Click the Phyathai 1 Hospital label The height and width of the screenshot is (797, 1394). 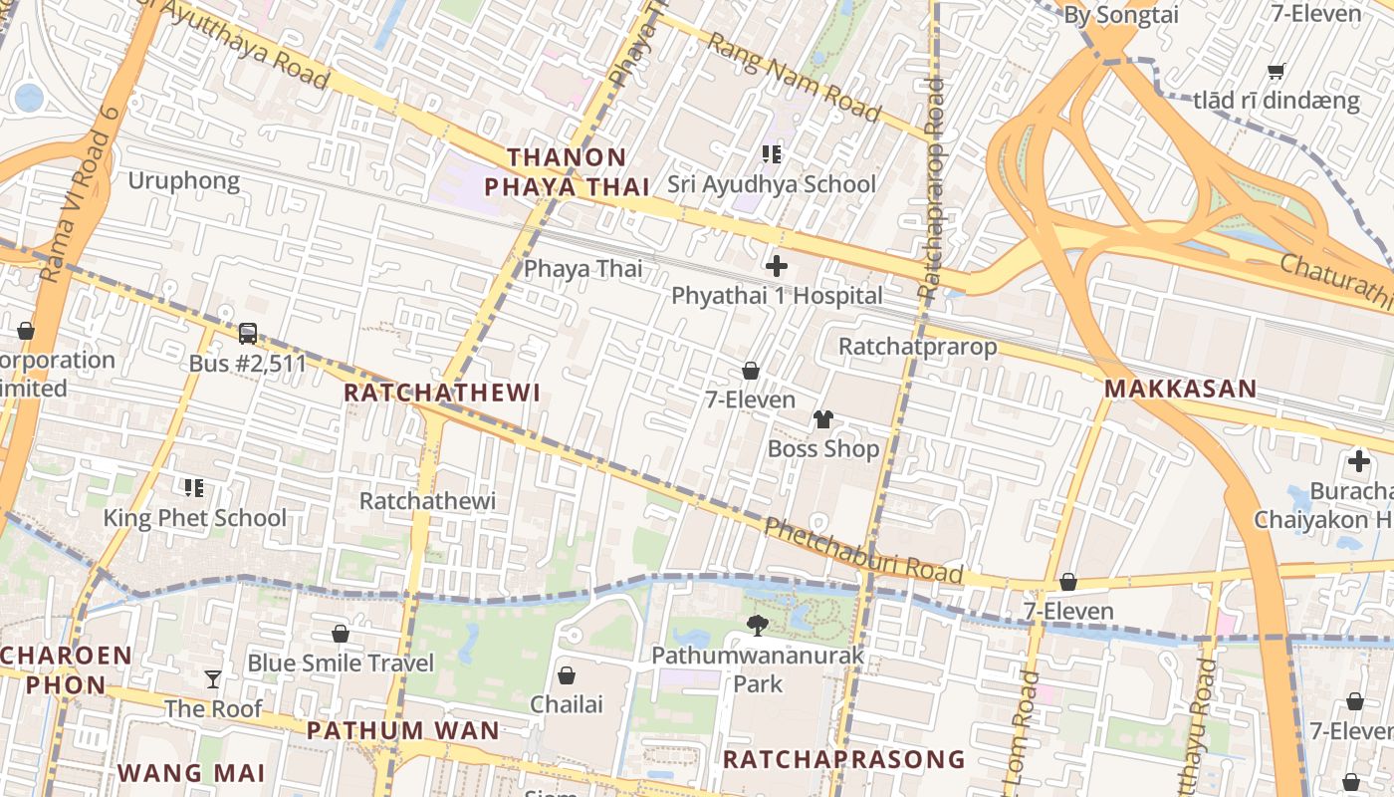[x=777, y=296]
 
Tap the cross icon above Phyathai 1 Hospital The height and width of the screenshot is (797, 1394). [x=777, y=266]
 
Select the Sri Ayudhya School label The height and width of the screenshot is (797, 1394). [x=772, y=184]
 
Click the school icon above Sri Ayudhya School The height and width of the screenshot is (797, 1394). [x=772, y=153]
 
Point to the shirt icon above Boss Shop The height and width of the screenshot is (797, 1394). [x=822, y=419]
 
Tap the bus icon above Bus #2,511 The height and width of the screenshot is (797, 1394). [x=248, y=334]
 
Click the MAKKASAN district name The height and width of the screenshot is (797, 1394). [x=1180, y=389]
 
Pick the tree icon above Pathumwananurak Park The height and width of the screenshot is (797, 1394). [x=758, y=626]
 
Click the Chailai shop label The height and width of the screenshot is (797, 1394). [x=567, y=704]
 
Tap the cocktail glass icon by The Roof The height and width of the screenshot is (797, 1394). [x=213, y=679]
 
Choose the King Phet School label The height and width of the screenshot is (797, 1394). [x=195, y=518]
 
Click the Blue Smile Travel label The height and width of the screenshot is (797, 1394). [x=341, y=664]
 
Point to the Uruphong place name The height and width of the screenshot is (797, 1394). [x=184, y=180]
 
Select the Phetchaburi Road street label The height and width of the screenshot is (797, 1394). [x=863, y=551]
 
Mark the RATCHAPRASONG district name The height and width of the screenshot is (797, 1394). [x=843, y=759]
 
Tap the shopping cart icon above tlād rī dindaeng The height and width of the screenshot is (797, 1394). [x=1276, y=71]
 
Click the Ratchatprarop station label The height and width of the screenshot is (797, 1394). [x=917, y=347]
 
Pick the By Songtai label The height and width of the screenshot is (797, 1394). [x=1121, y=15]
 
